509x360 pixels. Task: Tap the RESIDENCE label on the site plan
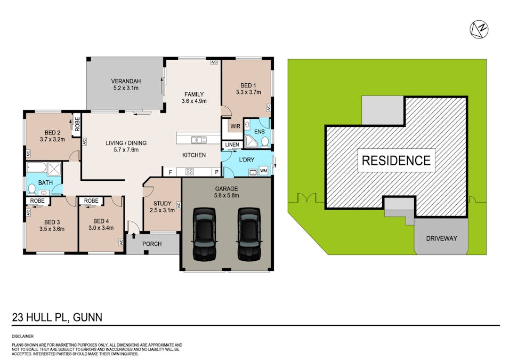coord(396,160)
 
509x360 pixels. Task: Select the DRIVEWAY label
coord(441,238)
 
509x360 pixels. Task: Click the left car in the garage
coord(204,234)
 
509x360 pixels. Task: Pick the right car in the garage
coord(248,234)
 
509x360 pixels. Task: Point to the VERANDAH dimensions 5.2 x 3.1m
coord(126,87)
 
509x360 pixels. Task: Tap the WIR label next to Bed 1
coord(233,127)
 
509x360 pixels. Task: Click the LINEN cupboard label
coord(231,145)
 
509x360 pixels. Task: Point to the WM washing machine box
coord(263,171)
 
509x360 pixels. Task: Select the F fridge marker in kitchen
coord(170,172)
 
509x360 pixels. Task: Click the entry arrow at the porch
coord(133,235)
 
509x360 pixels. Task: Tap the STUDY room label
coord(162,203)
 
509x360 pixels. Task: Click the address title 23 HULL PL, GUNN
coord(57,318)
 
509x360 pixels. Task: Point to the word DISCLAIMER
coord(22,337)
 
